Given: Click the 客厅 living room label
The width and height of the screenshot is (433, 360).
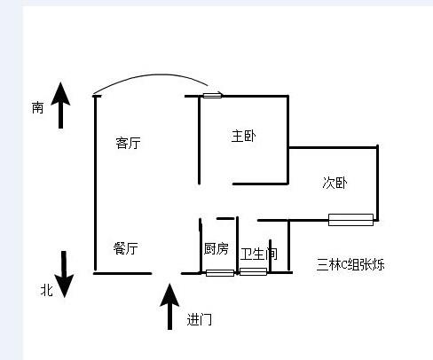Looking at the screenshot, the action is coord(128,143).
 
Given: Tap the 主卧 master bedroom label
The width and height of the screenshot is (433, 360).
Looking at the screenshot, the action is coord(243,136).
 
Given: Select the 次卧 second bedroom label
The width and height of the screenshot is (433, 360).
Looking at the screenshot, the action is coord(335,183).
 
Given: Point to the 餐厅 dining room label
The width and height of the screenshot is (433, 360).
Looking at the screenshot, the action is coord(125,248).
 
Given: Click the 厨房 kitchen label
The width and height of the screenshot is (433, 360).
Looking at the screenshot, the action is coord(216,248).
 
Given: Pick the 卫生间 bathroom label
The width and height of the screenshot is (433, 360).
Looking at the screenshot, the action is coord(259,254).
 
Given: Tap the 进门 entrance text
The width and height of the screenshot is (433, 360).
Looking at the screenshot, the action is coord(200,319).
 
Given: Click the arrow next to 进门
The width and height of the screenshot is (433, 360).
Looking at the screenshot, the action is coord(169,307).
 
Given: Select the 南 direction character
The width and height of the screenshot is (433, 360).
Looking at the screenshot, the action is coord(37,107).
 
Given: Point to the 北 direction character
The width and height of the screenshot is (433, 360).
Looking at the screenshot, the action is coord(47,290).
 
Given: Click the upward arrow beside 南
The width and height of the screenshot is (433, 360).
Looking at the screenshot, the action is coord(60,106).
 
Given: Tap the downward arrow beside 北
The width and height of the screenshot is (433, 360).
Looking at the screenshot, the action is coord(64,274).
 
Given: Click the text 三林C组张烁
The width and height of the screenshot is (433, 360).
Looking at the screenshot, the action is coord(350,264).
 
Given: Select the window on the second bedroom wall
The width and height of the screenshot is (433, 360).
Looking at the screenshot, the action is coord(350,220).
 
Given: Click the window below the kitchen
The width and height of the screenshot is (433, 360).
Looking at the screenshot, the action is coord(220,273).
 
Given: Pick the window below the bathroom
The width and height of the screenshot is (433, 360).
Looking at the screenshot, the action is coord(253,271).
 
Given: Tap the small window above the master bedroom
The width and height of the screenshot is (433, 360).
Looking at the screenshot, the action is coord(212,95).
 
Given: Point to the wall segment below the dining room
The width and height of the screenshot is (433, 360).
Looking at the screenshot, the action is coord(122,273).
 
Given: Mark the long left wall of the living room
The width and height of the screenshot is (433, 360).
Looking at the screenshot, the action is coord(95,184).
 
